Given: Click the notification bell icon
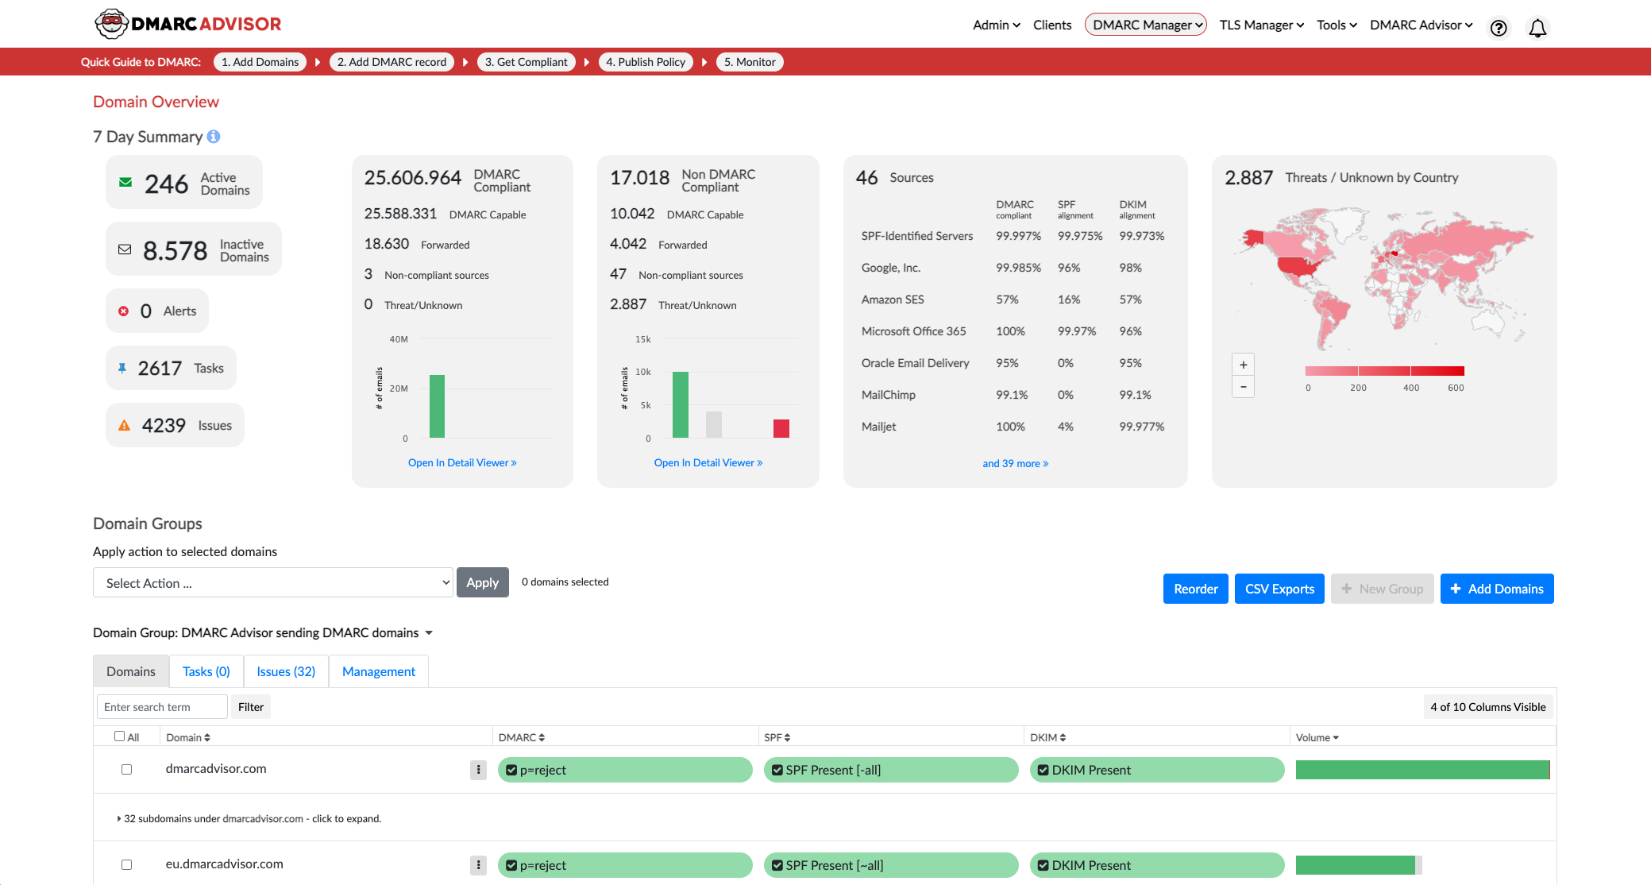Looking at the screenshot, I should [1537, 29].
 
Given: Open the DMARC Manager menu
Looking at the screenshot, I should [1145, 25].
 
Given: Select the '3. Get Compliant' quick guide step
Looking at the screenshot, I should [526, 62].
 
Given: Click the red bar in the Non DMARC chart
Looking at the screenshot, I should [781, 428].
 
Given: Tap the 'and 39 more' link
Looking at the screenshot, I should [1015, 463].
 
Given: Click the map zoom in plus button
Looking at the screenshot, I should [1243, 365].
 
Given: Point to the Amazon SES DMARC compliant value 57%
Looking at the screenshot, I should [1007, 300].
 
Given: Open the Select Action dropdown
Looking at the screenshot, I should [272, 582].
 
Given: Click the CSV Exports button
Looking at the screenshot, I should [1279, 589].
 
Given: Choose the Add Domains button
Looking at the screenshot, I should [1496, 589].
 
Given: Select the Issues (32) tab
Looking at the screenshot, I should [286, 671].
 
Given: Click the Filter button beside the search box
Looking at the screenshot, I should [250, 707].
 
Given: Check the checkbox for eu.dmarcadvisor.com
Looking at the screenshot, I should [126, 864].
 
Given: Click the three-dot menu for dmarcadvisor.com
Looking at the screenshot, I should [478, 769].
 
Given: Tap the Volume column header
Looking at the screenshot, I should [1317, 737].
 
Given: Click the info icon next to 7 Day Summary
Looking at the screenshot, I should [214, 137].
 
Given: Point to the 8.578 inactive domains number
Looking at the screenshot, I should [175, 251].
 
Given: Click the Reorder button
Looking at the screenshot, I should [1195, 589].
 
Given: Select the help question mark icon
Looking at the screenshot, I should [1498, 29].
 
